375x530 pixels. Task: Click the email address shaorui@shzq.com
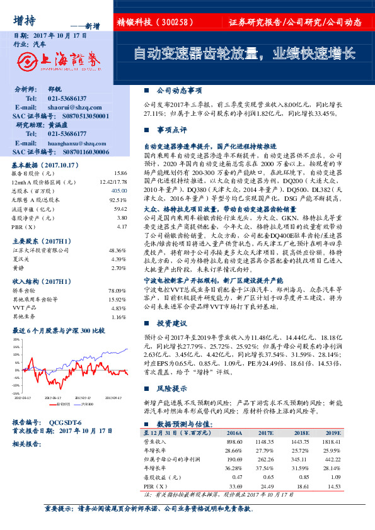tap(71, 108)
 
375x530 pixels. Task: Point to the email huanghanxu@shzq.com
tap(74, 143)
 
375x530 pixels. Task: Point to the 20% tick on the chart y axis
tap(16, 339)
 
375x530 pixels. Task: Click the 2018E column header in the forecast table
tap(302, 432)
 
